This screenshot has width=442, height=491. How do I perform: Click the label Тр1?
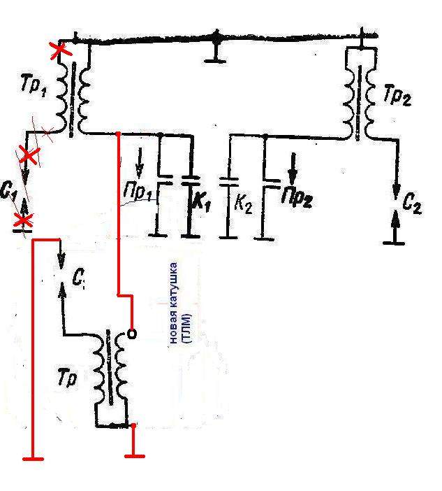34,86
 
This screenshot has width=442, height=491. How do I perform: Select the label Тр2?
397,95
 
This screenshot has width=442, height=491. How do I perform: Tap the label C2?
412,205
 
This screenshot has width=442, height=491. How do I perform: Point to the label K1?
202,203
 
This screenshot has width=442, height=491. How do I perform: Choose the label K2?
243,205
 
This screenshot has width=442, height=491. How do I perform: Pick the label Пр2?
297,197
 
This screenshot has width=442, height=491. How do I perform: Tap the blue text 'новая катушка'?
173,303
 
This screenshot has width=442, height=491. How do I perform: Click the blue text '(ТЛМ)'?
188,328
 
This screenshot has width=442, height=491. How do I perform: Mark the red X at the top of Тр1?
61,50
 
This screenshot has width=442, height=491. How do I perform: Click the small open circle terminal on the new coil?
132,334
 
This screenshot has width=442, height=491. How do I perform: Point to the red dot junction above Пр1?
118,134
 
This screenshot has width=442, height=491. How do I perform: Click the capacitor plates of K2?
229,182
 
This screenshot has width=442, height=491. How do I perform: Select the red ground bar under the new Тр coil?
134,456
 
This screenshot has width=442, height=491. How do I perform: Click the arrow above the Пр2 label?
293,169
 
